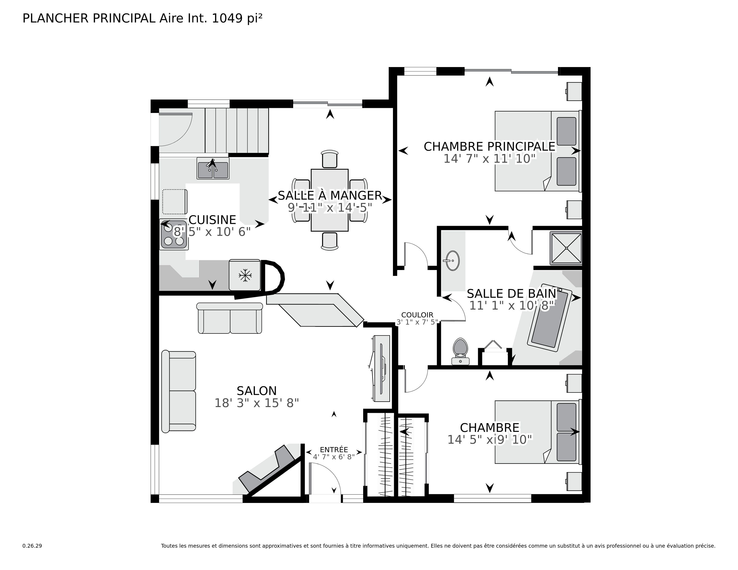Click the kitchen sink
tap(213, 169)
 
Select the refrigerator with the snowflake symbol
tap(245, 275)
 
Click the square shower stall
tap(566, 248)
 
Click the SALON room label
tap(257, 391)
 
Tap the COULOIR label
tap(417, 315)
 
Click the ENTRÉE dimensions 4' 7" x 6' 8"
tap(334, 457)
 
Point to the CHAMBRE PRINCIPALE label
tap(489, 147)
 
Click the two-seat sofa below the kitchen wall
tap(230, 319)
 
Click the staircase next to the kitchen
tap(237, 131)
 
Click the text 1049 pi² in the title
tap(237, 18)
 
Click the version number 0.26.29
tap(32, 546)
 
